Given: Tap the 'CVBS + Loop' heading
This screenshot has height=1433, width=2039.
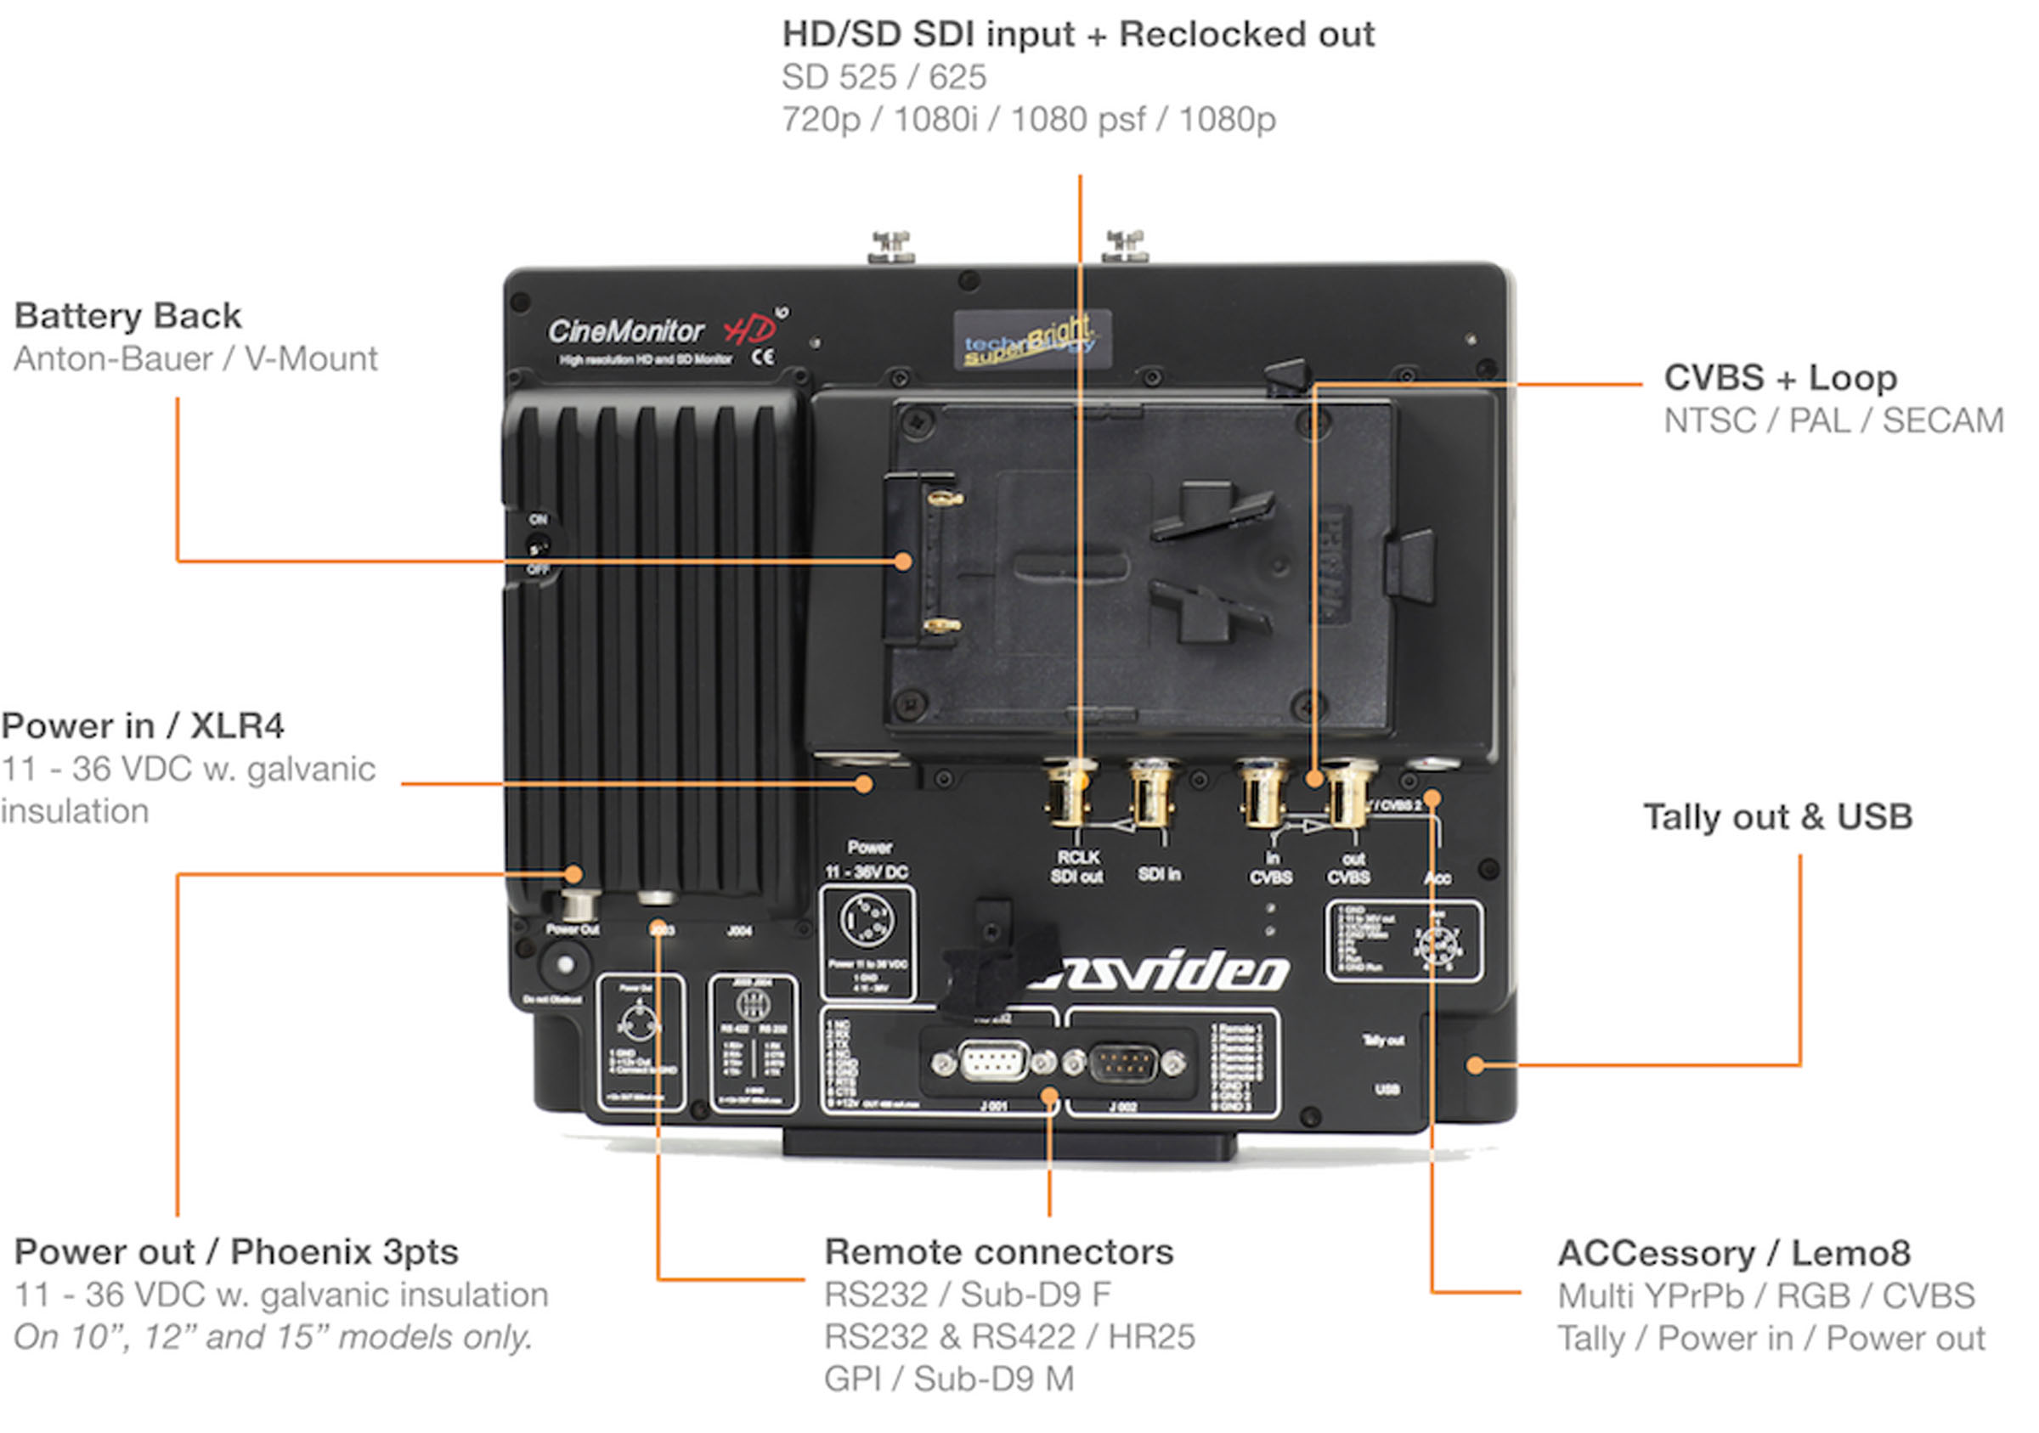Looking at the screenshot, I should (1780, 378).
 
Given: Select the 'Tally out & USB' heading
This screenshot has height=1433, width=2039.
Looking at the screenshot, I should (1777, 817).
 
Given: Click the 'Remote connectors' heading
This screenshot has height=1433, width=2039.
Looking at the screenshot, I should (998, 1252).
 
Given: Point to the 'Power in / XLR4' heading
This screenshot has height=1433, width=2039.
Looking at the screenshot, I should (142, 726).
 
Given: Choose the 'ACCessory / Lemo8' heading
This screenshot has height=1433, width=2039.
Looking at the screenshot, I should (1733, 1253).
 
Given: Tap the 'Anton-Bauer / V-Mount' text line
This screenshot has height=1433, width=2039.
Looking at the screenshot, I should (195, 358).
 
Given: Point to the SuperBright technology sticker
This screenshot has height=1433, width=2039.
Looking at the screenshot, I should (1032, 338).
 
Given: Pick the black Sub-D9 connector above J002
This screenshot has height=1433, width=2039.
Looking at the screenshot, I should (1123, 1063).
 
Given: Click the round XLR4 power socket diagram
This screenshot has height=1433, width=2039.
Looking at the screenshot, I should (866, 920).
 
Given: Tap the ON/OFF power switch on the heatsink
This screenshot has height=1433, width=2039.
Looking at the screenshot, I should (537, 544).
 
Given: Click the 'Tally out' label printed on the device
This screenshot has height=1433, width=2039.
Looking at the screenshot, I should (1383, 1041).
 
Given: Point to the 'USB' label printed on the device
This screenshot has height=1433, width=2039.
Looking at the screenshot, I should (1387, 1089).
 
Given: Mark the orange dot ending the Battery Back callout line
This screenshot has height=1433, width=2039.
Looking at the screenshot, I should (903, 561).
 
